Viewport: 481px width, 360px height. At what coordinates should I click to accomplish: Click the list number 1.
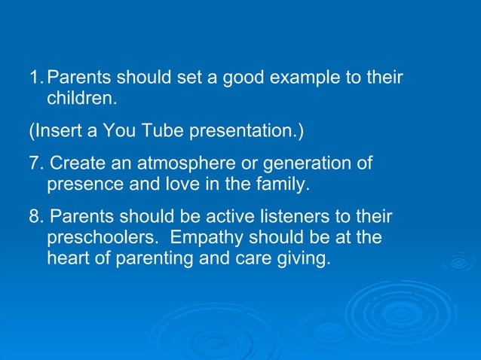pos(35,78)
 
